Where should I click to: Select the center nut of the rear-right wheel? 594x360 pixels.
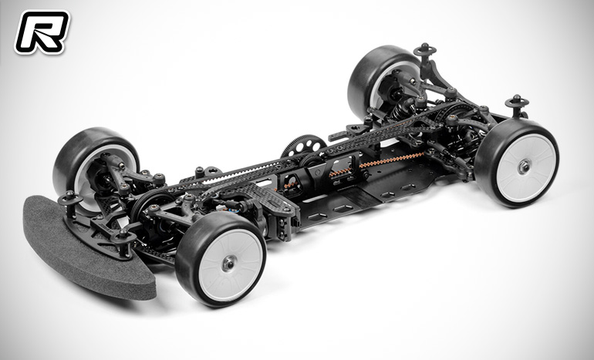[523, 168]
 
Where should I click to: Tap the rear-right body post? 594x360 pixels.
[516, 102]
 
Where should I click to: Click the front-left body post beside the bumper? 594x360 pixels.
[70, 199]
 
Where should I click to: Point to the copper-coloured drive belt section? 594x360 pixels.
[378, 164]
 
